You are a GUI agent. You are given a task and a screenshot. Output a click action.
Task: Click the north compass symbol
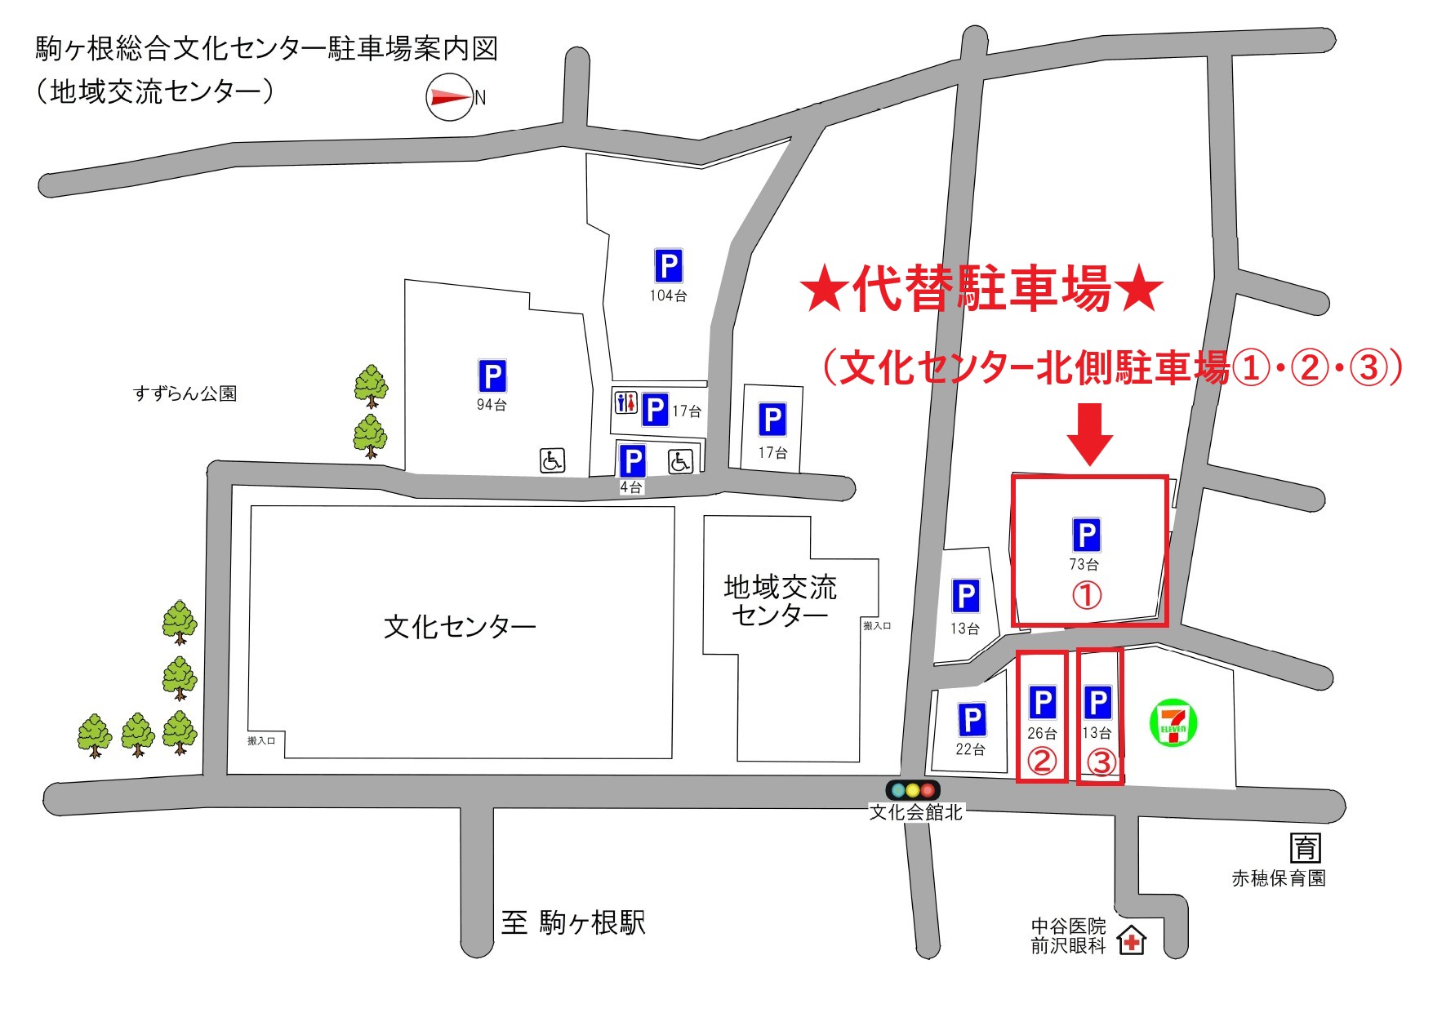click(450, 97)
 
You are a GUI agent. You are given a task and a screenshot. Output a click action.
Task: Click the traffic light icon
click(913, 789)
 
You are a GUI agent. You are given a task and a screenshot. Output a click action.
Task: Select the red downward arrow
click(1089, 433)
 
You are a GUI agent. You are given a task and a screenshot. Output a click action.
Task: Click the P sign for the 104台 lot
click(668, 266)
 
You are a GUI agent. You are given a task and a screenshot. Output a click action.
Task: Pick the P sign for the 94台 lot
click(492, 376)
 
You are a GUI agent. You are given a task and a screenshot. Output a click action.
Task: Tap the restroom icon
click(625, 402)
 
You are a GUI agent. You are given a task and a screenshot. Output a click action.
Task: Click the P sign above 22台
click(971, 720)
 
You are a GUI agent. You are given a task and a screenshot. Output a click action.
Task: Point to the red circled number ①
click(1086, 594)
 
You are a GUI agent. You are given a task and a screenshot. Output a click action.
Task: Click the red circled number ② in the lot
click(1041, 762)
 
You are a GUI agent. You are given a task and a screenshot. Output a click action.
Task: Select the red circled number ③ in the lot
click(1101, 762)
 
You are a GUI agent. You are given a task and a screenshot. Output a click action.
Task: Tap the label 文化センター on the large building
click(460, 627)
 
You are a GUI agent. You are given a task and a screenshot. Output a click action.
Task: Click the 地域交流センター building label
click(780, 600)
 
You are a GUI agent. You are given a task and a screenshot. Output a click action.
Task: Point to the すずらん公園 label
click(185, 393)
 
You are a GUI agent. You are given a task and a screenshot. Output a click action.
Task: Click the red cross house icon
click(1132, 940)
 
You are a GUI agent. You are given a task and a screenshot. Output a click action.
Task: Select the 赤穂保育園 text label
click(1278, 878)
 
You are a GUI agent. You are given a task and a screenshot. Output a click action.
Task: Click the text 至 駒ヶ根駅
click(573, 922)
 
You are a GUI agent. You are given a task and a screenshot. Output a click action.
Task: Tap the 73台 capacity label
click(1084, 564)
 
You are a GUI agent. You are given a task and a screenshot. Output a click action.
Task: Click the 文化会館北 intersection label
click(915, 812)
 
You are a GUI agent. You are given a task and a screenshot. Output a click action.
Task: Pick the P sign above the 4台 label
click(632, 461)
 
